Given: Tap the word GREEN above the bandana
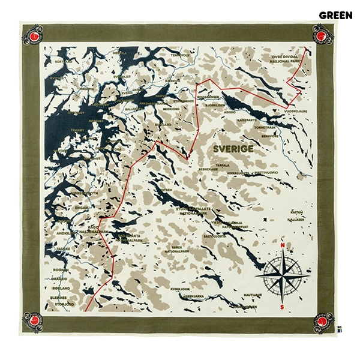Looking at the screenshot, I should [x=335, y=15].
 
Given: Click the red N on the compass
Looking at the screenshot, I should [x=281, y=244].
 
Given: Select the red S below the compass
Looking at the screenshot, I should [x=281, y=307].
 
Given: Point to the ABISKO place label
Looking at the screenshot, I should [x=229, y=111].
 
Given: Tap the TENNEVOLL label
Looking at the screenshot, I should [x=180, y=55].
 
